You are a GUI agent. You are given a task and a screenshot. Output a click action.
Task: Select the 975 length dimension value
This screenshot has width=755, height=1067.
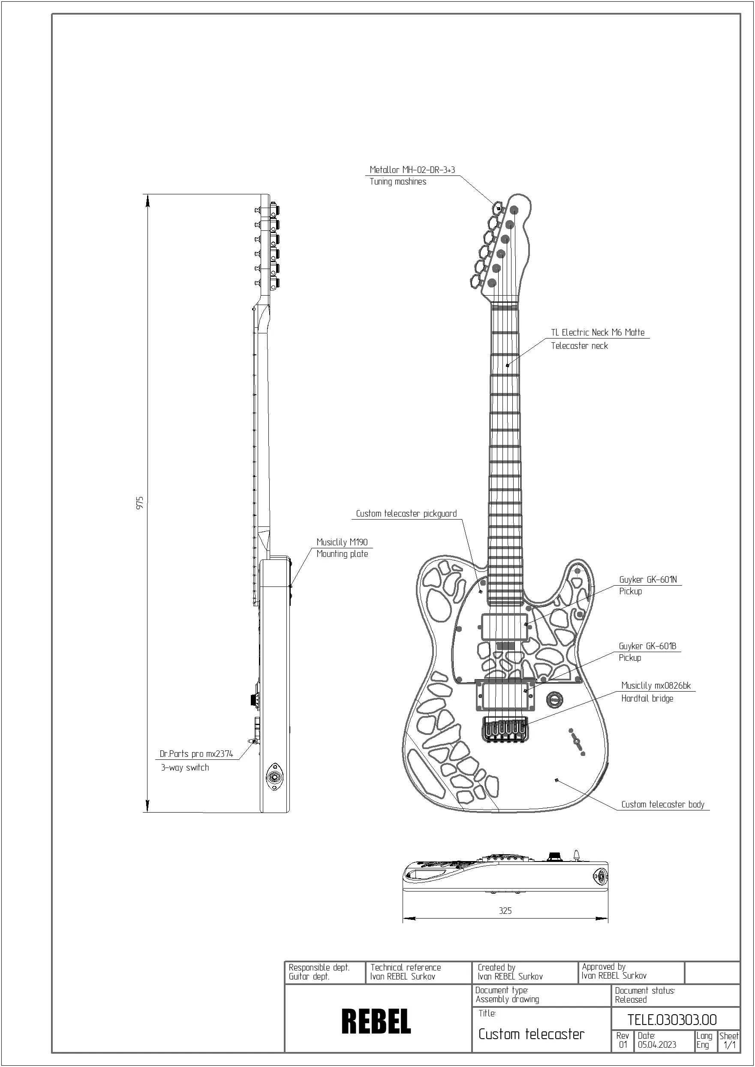tap(139, 503)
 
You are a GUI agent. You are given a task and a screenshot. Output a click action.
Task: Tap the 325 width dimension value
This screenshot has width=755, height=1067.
tap(505, 911)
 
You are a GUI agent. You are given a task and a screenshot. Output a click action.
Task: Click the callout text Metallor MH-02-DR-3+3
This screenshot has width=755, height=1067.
tap(412, 170)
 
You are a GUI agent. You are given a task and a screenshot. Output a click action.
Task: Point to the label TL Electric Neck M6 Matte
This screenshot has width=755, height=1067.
tap(597, 332)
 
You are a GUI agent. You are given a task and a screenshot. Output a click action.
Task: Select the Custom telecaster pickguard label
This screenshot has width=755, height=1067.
tap(406, 514)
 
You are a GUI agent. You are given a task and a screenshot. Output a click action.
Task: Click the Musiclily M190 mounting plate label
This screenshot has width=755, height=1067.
tap(342, 542)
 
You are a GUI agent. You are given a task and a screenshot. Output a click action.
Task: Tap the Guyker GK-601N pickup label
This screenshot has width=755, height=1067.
tap(648, 580)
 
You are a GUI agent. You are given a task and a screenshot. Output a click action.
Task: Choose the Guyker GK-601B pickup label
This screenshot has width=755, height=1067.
tap(647, 646)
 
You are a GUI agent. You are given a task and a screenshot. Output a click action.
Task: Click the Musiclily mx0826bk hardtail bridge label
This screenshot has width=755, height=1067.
tap(656, 686)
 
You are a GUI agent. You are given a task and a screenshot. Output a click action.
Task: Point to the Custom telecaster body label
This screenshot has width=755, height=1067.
tap(662, 804)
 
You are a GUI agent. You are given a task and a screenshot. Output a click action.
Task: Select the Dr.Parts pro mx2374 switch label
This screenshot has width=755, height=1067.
tap(196, 753)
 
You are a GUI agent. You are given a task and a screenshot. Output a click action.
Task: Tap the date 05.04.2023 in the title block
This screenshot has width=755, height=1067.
tap(656, 1045)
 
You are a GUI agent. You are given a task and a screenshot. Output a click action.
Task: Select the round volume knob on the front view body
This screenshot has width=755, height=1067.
tap(555, 698)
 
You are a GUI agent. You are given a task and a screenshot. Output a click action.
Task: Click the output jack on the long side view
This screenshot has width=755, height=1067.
tap(275, 776)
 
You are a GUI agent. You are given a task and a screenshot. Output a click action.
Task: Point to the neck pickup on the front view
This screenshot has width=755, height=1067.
tap(505, 626)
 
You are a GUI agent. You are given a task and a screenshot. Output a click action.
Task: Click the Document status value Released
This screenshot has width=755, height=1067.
tap(630, 999)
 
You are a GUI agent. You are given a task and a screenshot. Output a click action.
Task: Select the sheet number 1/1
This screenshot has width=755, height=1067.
tap(729, 1045)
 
